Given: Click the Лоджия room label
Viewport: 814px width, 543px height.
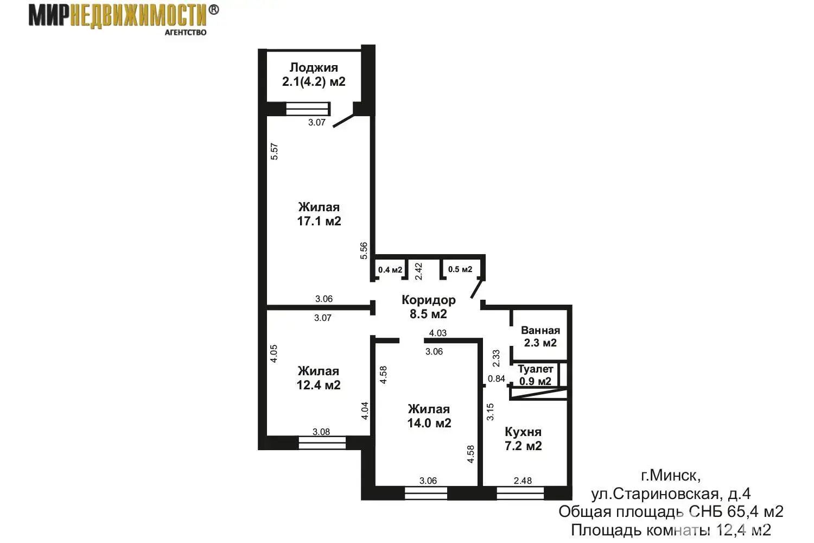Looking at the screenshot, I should click(314, 67).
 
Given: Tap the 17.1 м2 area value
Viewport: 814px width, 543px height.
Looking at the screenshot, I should click(319, 221).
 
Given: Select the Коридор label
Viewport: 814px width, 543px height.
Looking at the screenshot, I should click(428, 300).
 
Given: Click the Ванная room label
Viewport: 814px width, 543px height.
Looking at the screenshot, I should click(540, 330).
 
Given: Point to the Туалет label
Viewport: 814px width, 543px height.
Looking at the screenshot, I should click(535, 369).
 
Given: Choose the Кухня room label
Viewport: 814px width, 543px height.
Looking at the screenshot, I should click(523, 432).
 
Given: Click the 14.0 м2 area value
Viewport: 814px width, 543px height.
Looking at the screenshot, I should click(429, 423).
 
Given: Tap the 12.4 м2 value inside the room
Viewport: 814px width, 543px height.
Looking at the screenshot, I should click(319, 385).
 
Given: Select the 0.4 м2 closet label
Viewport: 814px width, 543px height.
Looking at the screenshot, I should click(390, 270).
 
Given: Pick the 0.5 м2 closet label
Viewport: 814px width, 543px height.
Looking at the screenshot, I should click(460, 269).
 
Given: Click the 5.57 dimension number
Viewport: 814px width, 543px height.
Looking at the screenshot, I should click(275, 151).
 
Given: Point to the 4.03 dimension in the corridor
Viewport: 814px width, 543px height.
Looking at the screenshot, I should click(437, 333).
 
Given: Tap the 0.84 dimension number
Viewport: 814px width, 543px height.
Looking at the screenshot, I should click(496, 379).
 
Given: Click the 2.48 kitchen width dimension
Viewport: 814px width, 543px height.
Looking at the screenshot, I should click(523, 481).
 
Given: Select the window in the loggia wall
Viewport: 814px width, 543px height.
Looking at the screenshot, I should click(304, 109).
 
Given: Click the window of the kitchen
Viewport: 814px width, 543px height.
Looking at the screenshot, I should click(520, 493).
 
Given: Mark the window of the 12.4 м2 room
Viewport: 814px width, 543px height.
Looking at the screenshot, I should click(322, 443).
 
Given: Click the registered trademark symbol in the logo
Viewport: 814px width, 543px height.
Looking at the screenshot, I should click(214, 10).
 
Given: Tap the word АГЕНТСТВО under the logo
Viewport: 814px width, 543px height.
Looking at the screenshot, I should click(185, 32).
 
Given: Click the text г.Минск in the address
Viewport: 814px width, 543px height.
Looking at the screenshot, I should click(671, 476).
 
